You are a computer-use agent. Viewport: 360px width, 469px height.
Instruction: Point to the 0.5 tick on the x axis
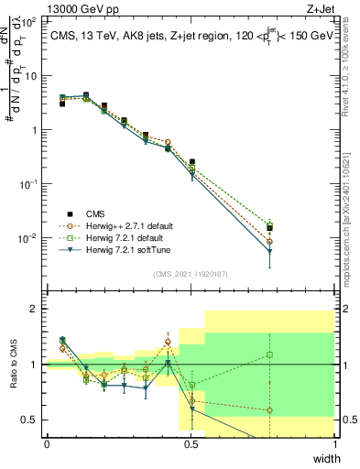tap(191, 444)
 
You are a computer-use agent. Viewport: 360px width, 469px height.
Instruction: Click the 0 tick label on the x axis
tap(47, 444)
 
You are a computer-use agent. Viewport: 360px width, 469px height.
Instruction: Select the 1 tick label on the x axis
tap(334, 444)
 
